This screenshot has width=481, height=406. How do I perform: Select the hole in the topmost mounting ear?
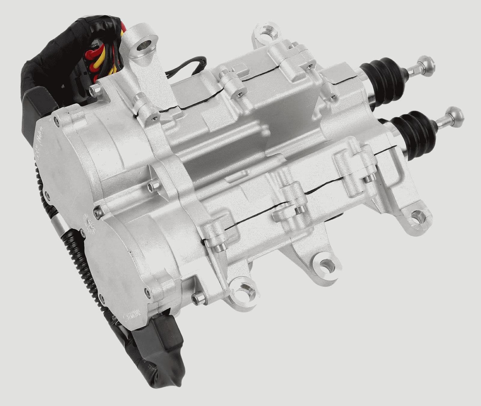(265, 32)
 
